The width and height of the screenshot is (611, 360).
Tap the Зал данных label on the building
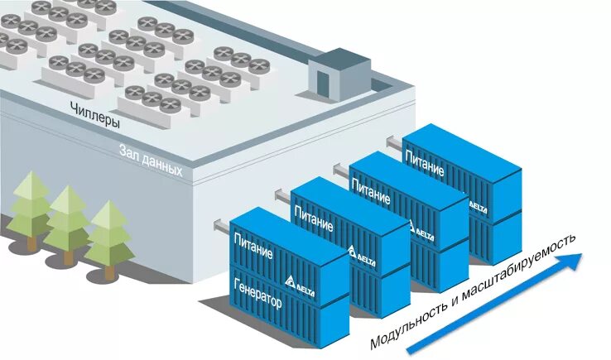pyautogui.click(x=152, y=159)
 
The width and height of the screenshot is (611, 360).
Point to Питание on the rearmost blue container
pyautogui.click(x=424, y=162)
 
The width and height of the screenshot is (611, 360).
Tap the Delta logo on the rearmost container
pyautogui.click(x=478, y=204)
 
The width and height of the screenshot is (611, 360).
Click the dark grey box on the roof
pyautogui.click(x=332, y=73)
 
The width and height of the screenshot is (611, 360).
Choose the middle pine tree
pyautogui.click(x=67, y=216)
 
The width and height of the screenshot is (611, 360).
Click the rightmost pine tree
pyautogui.click(x=108, y=232)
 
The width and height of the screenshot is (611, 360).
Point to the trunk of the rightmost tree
pyautogui.click(x=108, y=271)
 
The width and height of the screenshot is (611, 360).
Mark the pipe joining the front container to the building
pyautogui.click(x=221, y=224)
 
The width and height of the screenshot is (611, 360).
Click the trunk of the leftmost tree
pyautogui.click(x=31, y=242)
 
